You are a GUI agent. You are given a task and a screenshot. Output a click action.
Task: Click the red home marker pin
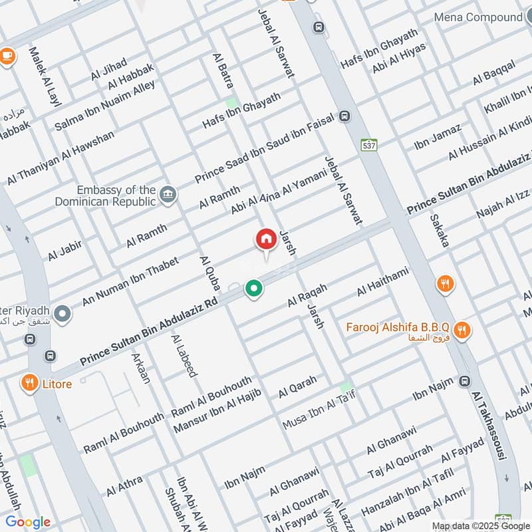[266, 239]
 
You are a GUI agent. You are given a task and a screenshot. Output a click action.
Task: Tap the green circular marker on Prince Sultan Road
[253, 289]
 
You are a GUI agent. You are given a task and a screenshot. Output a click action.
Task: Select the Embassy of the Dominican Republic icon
[168, 194]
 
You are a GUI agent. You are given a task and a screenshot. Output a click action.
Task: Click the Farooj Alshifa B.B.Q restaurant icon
[464, 329]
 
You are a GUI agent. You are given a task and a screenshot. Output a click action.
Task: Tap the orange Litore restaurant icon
[29, 382]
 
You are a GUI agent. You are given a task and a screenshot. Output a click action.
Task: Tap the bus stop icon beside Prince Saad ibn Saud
[344, 116]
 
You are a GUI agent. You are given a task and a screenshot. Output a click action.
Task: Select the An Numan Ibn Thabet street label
[130, 282]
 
